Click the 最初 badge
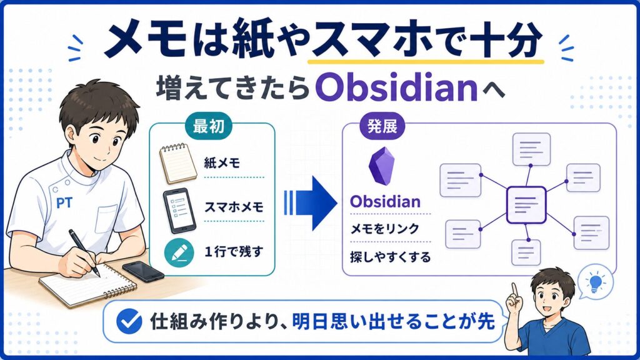click(209, 127)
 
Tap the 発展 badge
click(382, 126)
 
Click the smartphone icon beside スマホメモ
click(179, 210)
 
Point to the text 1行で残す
click(234, 251)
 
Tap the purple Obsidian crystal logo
click(382, 166)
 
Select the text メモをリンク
click(384, 229)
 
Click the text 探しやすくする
click(390, 257)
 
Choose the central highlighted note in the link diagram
click(526, 205)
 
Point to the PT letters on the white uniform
click(64, 202)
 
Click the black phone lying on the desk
click(143, 270)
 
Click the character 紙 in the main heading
click(253, 39)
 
